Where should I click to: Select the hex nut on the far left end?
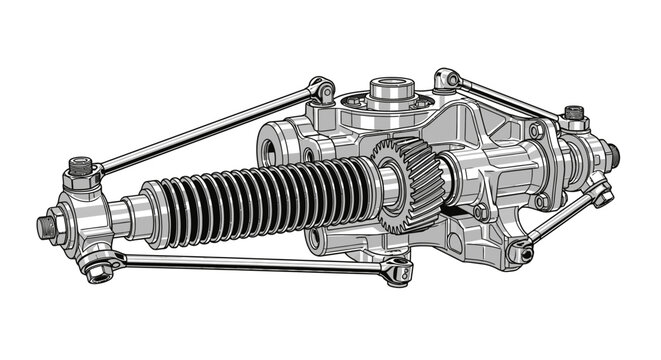(46, 227)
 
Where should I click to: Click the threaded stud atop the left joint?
(80, 162)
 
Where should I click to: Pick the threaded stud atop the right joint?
(573, 111)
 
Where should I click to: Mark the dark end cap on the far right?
(612, 155)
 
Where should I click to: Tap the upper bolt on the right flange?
(537, 131)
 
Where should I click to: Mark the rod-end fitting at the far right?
(600, 193)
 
